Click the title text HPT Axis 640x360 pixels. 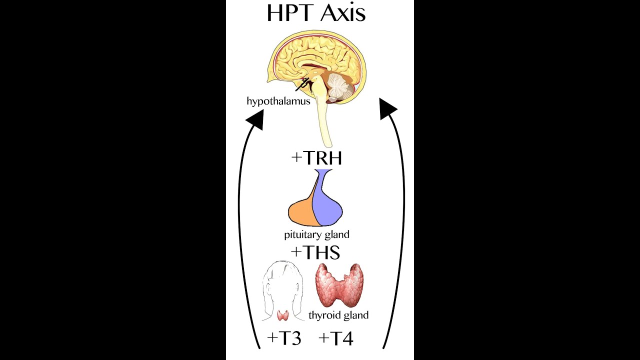[316, 13]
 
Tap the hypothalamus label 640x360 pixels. [278, 101]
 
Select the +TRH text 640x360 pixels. [316, 158]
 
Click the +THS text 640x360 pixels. [315, 252]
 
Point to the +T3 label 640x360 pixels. [284, 338]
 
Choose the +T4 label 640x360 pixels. [336, 338]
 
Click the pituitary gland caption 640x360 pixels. [316, 234]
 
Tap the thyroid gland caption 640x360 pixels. [338, 315]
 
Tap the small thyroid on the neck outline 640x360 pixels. [282, 315]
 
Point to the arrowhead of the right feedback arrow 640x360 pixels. [387, 108]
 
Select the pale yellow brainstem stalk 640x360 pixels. [326, 125]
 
